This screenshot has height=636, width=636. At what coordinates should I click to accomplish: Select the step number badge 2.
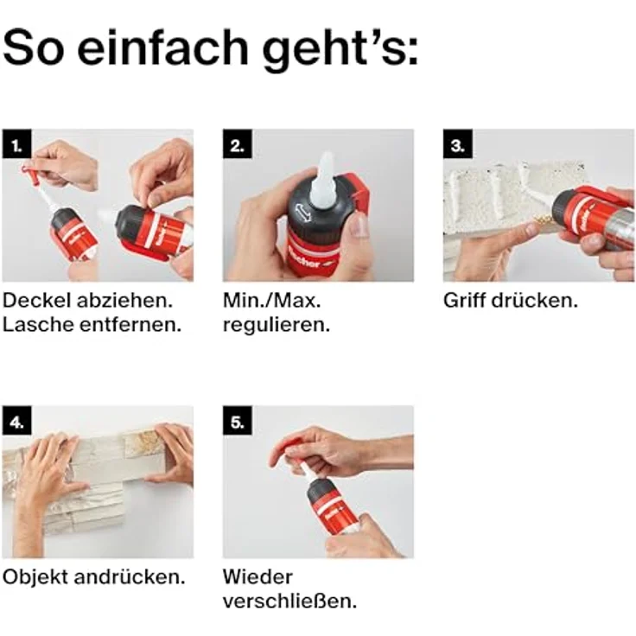236,143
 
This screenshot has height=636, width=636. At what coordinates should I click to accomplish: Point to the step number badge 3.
457,143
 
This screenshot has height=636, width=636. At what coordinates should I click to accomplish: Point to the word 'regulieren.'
275,326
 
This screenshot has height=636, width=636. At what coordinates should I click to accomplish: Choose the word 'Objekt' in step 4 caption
38,576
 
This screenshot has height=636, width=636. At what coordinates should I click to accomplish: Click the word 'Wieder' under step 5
258,576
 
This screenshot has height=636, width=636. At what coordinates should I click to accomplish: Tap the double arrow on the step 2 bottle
300,212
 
